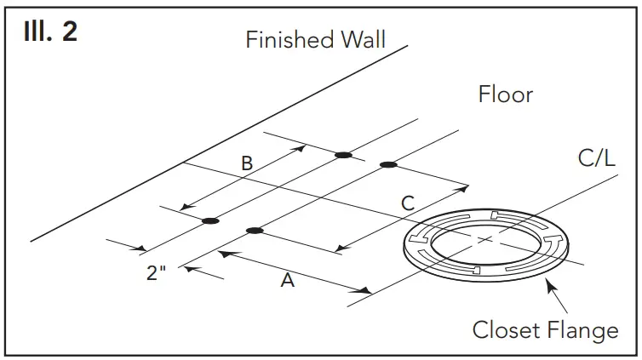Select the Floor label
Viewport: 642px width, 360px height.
pyautogui.click(x=505, y=94)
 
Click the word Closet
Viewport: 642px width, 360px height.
pyautogui.click(x=508, y=329)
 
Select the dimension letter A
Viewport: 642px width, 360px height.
pyautogui.click(x=288, y=280)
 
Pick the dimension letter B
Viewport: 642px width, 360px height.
pyautogui.click(x=247, y=164)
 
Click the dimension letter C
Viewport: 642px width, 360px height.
pyautogui.click(x=408, y=203)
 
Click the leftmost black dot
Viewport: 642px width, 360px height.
pyautogui.click(x=210, y=221)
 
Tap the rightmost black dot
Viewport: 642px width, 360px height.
pyautogui.click(x=387, y=164)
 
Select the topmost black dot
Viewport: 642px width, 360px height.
pyautogui.click(x=343, y=155)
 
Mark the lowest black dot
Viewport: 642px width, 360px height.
pyautogui.click(x=254, y=231)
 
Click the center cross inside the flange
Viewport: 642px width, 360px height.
pyautogui.click(x=485, y=240)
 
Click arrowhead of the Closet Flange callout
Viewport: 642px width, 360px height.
pyautogui.click(x=549, y=288)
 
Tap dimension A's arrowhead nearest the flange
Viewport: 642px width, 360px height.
pyautogui.click(x=366, y=292)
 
